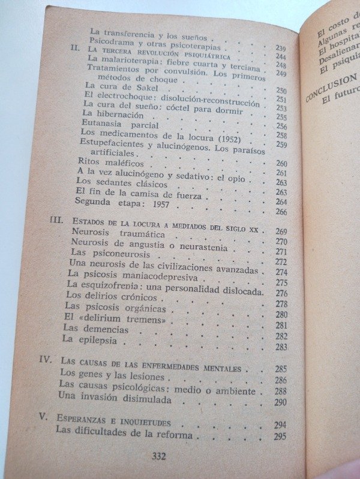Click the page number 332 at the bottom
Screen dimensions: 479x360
point(158,456)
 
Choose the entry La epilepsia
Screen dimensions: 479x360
point(89,340)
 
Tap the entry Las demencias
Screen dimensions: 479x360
point(95,329)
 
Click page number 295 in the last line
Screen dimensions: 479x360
point(280,436)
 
